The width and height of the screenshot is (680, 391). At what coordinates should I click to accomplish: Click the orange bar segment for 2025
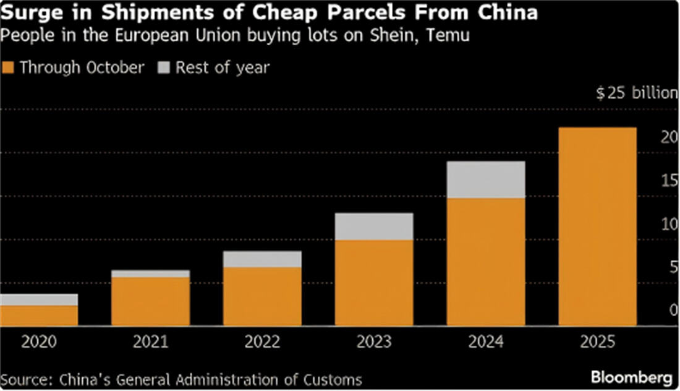[597, 226]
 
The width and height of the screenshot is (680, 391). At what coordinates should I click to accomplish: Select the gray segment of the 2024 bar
[486, 180]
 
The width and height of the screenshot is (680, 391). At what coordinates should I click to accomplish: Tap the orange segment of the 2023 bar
[374, 283]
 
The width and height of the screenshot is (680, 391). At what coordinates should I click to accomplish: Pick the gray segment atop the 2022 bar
[262, 259]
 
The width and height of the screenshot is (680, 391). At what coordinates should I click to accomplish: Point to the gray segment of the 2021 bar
[150, 273]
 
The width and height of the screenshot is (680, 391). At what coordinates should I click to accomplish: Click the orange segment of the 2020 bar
[38, 316]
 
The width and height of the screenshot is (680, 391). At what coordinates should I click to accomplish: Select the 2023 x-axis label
[373, 342]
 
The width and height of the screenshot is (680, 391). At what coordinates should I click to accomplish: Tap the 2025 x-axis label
[597, 342]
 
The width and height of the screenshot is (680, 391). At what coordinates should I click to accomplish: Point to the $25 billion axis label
[637, 93]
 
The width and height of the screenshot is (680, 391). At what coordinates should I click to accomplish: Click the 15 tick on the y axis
[669, 181]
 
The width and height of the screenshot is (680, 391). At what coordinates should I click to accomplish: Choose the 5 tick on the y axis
[673, 268]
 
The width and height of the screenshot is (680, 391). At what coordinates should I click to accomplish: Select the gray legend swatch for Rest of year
[164, 67]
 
